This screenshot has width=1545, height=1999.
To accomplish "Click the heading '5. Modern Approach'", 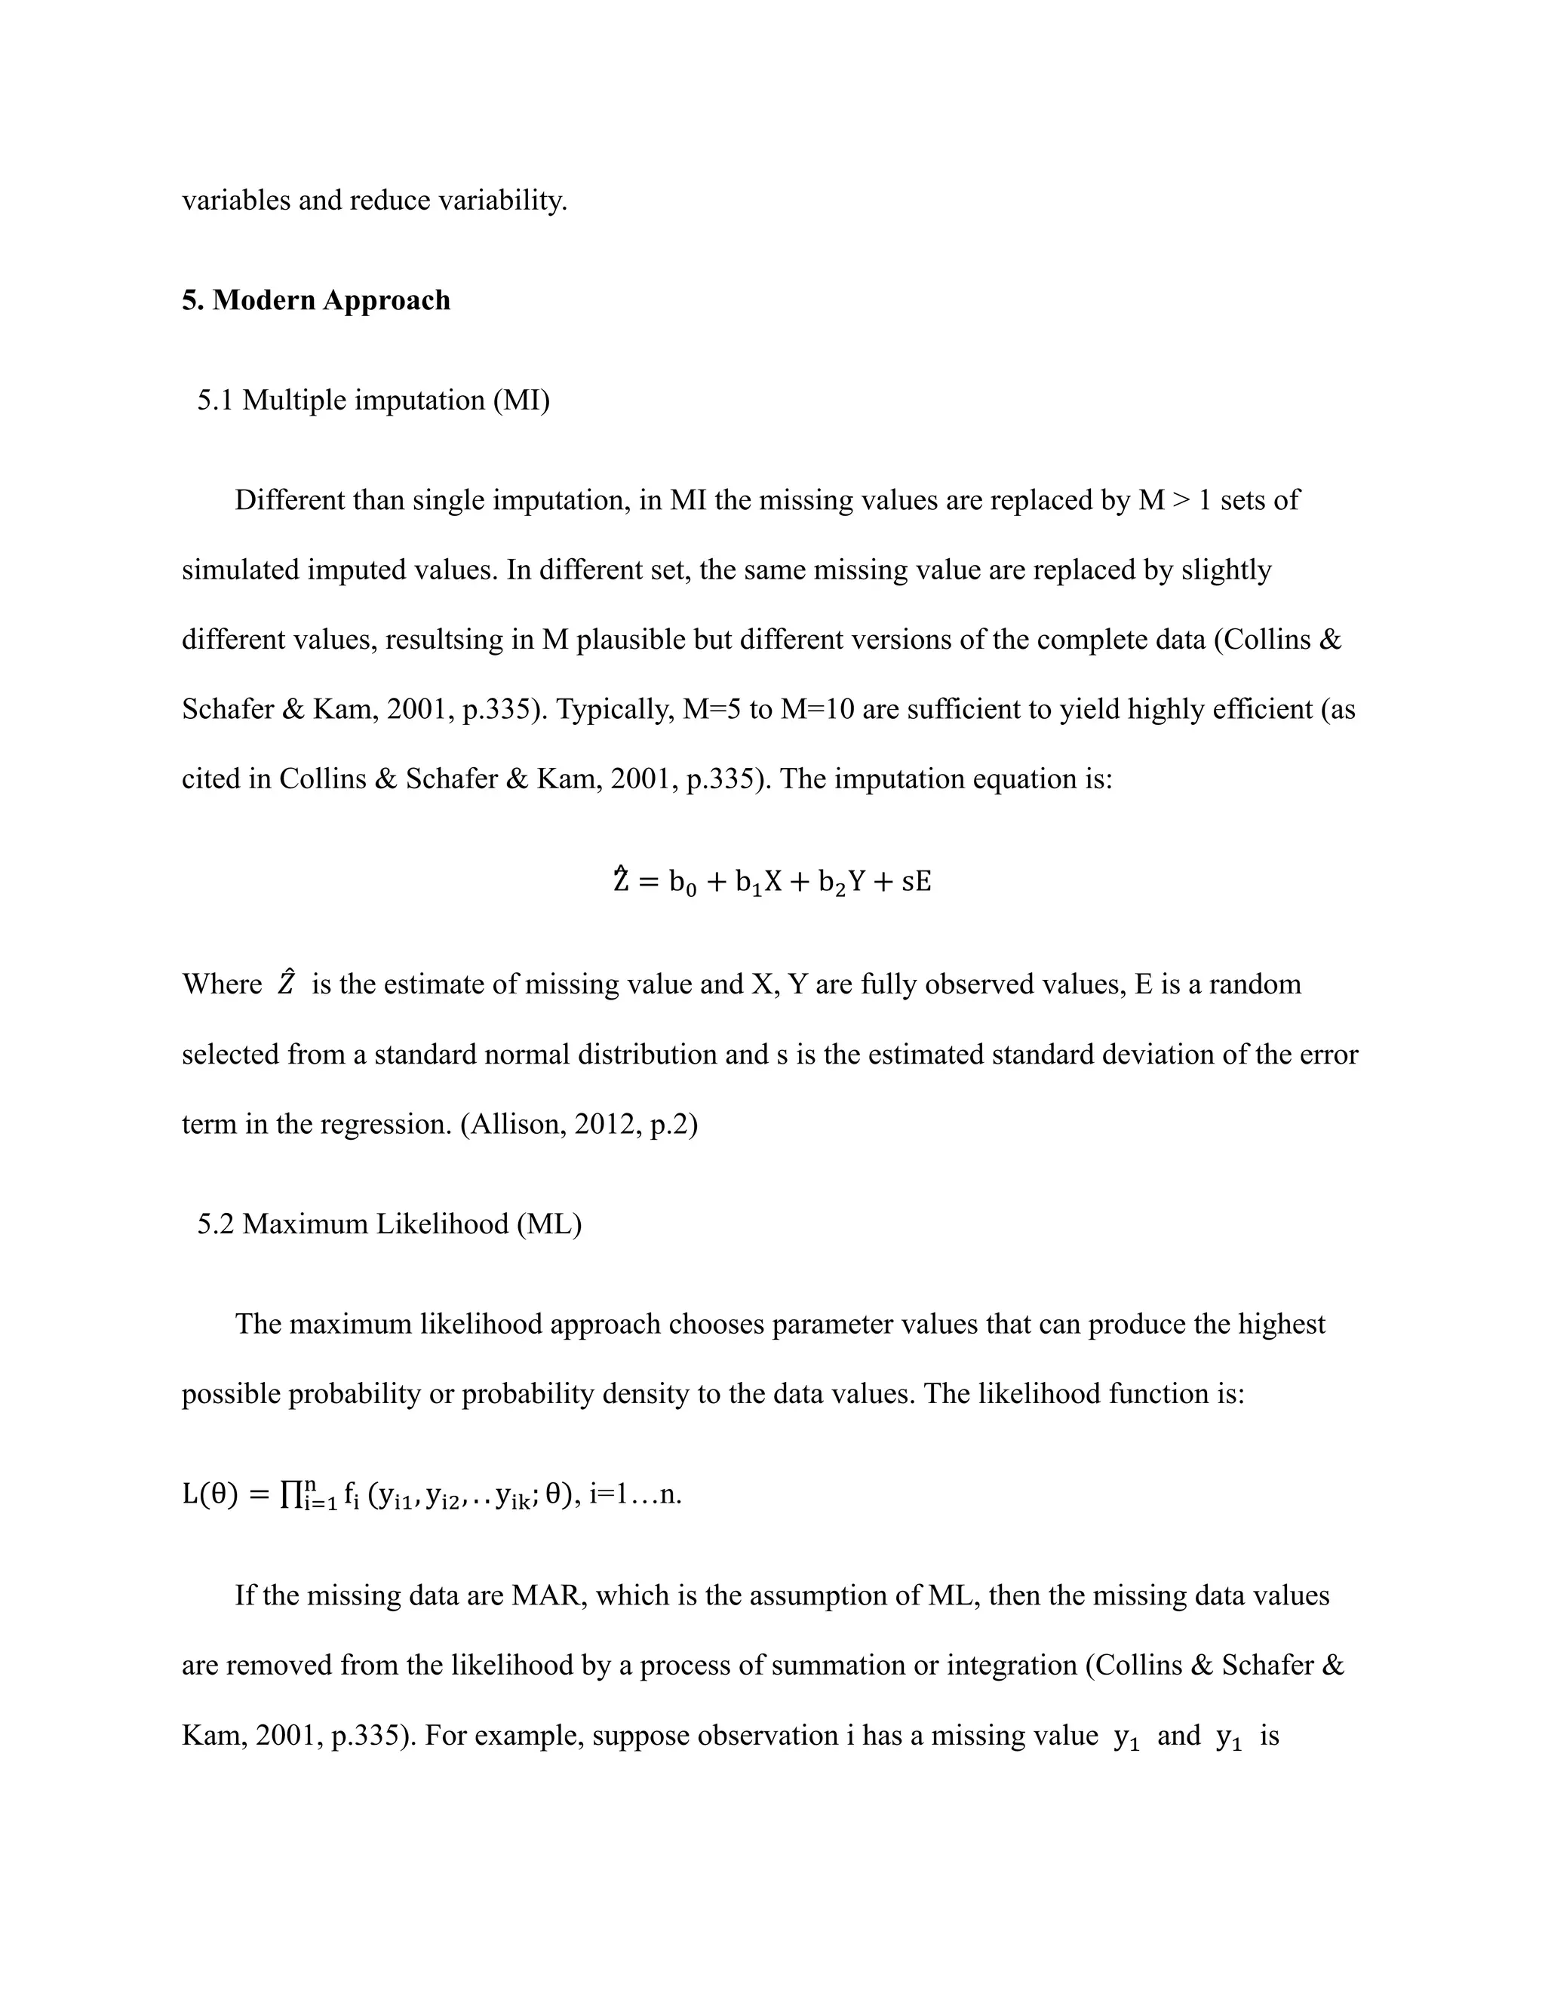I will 316,300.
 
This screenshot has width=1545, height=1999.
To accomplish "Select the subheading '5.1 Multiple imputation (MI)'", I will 373,400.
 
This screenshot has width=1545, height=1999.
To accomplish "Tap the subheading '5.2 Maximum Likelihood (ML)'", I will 389,1224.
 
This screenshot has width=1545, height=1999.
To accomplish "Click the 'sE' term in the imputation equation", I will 916,881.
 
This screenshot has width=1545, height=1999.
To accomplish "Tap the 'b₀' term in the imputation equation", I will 683,883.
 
